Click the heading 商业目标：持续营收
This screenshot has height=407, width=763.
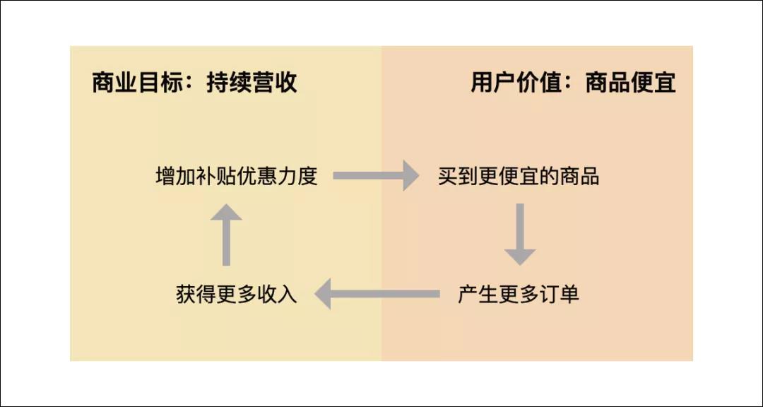[194, 83]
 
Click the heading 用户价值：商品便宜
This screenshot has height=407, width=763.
[573, 83]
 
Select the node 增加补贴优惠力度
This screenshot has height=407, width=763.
[236, 176]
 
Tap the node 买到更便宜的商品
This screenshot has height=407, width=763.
[519, 176]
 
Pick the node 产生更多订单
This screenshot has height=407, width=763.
[519, 294]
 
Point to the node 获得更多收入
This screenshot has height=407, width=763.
[236, 294]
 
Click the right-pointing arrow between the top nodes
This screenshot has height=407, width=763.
[376, 175]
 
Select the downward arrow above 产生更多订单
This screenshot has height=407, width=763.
[520, 234]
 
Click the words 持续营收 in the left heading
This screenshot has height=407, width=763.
[252, 83]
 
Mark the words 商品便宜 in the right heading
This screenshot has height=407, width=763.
[630, 83]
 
